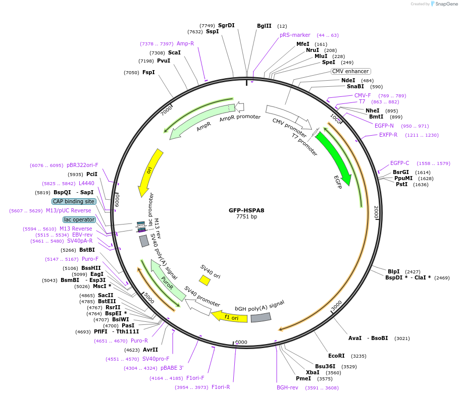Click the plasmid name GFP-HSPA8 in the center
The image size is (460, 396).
tap(246, 210)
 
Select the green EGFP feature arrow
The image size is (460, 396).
tap(334, 156)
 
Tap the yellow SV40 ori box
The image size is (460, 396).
tap(205, 280)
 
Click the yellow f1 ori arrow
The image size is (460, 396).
tap(230, 317)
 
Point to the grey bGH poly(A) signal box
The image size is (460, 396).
tap(261, 318)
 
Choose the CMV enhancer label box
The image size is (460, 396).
tap(350, 71)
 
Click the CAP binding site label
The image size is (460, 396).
tap(74, 201)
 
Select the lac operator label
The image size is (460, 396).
tap(79, 219)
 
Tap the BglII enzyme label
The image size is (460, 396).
tap(264, 26)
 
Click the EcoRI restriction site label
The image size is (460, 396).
tap(336, 356)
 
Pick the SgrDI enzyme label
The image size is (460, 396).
tap(226, 25)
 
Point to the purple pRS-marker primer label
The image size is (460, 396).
tap(295, 35)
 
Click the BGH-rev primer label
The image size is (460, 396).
tap(287, 387)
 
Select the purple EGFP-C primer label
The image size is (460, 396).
tap(399, 163)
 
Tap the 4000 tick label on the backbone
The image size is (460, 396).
tap(241, 343)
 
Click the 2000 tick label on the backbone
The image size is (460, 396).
tap(376, 212)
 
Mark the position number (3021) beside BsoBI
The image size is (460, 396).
tap(402, 338)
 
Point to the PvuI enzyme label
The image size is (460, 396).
tap(164, 61)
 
